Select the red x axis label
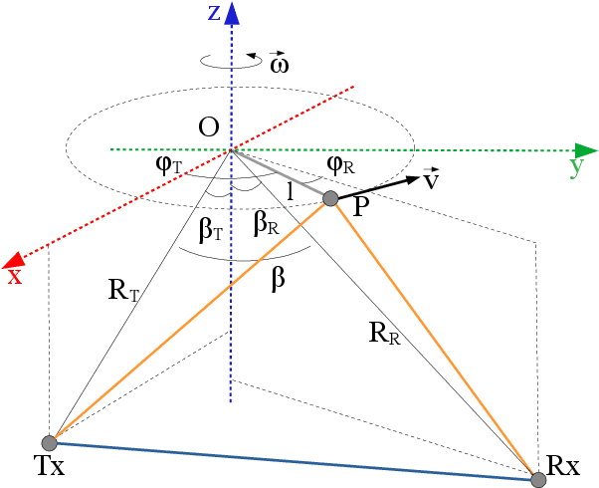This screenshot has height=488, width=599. [14, 276]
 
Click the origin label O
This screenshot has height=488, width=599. [209, 127]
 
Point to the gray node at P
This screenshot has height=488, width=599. [331, 198]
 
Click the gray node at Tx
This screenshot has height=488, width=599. [48, 442]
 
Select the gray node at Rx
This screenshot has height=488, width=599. [538, 480]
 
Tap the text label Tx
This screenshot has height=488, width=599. [47, 466]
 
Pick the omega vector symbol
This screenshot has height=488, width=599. [281, 63]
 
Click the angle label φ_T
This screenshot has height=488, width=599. [169, 164]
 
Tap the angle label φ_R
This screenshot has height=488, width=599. [341, 163]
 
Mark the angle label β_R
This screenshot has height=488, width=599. [265, 225]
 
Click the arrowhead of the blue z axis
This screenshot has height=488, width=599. [232, 12]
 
